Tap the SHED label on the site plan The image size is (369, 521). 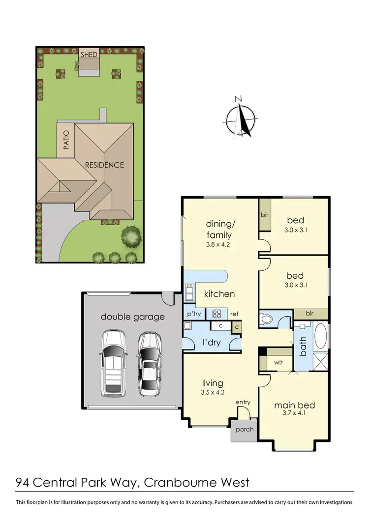point(89,54)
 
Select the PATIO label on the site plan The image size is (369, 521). point(66,140)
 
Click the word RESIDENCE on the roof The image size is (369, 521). point(104,165)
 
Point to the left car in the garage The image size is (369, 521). point(113,363)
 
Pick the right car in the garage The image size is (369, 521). point(149,363)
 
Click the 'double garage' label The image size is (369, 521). point(132,317)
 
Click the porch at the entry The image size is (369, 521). point(245,429)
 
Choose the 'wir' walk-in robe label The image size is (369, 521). point(278,363)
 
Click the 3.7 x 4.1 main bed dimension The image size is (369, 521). point(294,414)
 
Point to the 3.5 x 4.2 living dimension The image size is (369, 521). point(213,392)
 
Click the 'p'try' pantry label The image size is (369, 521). point(192,313)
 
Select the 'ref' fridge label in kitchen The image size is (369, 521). point(234,314)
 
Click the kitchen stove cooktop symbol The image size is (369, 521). point(215,313)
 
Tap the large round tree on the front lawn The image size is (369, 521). point(131,236)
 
